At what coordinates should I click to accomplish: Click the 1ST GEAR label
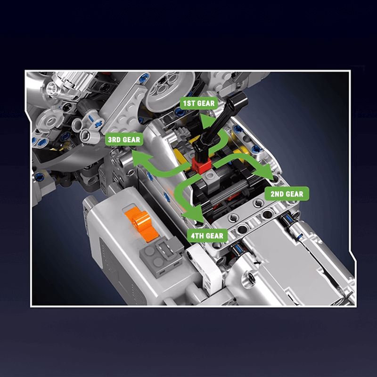click(x=199, y=103)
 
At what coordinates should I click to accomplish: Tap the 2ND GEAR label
click(x=287, y=194)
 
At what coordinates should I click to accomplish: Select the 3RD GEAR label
click(x=124, y=139)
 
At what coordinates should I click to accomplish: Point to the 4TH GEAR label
click(x=207, y=236)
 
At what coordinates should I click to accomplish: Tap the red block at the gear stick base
click(x=202, y=165)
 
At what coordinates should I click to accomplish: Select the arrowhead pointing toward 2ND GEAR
click(x=264, y=172)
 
